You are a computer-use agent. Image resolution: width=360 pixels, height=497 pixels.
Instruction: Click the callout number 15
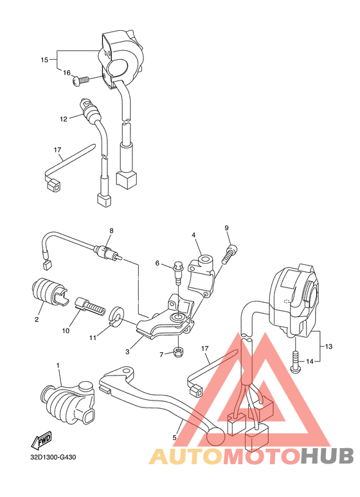pos(44,60)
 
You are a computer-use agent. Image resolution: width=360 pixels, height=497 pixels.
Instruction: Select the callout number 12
pos(64,119)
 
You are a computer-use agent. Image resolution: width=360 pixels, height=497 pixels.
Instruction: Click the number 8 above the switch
pos(111,231)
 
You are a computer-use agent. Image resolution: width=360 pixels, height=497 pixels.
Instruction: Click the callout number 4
pos(193,235)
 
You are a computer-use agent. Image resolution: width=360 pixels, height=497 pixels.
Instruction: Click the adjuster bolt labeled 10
pos(89,304)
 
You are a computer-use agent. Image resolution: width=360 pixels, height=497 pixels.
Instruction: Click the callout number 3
pos(128,352)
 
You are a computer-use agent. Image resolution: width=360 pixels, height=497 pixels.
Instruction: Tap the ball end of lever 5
pos(215,438)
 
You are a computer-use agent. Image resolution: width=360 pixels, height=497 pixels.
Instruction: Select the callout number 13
pos(329,347)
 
